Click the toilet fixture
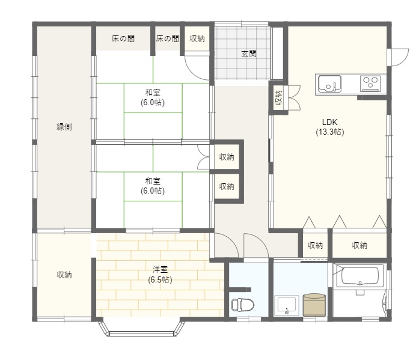242,305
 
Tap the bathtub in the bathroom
360,276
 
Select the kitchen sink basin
329,84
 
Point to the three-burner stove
370,83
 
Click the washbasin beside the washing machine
287,305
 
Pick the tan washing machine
314,305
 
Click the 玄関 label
249,53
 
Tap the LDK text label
330,123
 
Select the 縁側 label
64,127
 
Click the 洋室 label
160,269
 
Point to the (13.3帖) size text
330,132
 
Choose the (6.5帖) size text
160,279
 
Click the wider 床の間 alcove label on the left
123,38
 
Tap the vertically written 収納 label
278,97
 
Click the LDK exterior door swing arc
402,60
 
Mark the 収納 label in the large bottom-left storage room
64,275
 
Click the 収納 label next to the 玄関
197,38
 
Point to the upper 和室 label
153,93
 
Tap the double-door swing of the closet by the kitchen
295,98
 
